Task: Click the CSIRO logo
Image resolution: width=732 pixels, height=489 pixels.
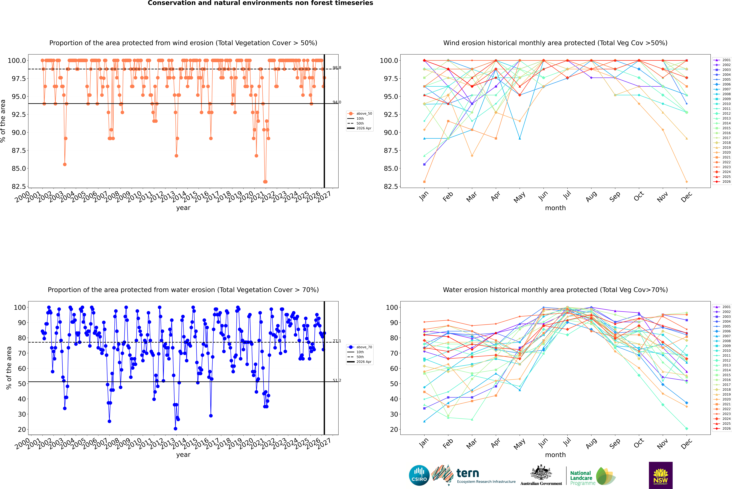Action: click(419, 475)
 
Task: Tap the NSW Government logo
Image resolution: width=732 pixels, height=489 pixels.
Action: click(661, 475)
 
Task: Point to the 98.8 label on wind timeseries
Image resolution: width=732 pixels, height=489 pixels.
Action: click(337, 68)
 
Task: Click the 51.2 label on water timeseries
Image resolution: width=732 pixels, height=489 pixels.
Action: click(337, 380)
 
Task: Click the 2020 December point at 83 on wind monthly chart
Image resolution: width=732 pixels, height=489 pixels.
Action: click(686, 182)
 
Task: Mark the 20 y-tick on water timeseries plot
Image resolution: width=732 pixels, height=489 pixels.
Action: click(22, 429)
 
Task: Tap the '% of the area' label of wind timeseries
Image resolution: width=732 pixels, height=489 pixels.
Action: click(3, 121)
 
